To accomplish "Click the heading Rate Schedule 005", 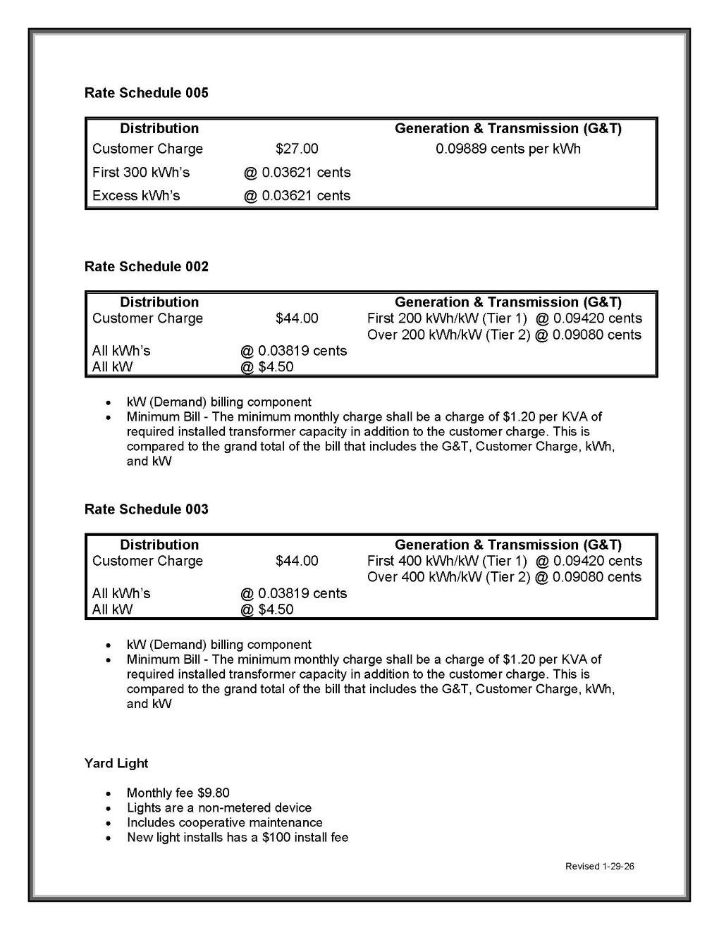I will point(146,93).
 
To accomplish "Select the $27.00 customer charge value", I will point(297,149).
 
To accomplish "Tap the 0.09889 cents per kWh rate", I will point(508,149).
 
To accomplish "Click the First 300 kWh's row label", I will point(141,172).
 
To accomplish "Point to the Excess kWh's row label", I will point(136,195).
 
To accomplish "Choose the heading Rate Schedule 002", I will point(146,266).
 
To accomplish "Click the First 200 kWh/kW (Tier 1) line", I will point(504,318).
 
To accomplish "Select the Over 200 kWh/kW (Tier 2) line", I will point(504,335).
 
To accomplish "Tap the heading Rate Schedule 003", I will point(146,509).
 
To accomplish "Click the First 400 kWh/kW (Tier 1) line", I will point(504,561).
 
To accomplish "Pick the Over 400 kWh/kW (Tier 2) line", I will point(504,577).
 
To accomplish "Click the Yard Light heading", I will point(116,763).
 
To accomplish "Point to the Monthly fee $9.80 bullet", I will point(178,793).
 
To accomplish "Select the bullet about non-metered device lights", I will point(219,807).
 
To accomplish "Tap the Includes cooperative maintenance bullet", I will point(224,822).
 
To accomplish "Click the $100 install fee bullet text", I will point(238,837).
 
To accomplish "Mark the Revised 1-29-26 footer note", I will point(599,866).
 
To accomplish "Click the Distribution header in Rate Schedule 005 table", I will point(159,128).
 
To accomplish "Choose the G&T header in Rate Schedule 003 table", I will point(508,545).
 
